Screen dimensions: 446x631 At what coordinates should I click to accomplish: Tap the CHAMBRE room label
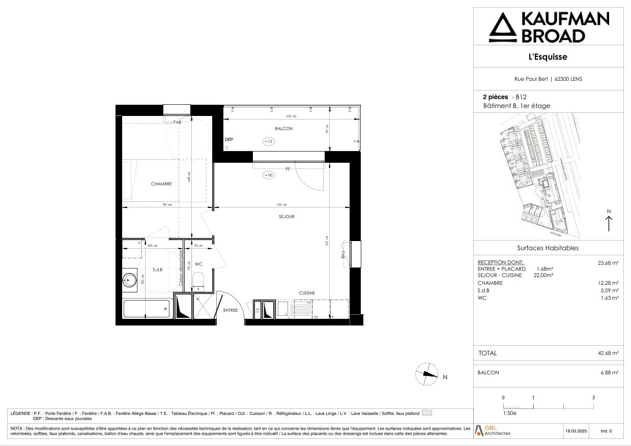pyautogui.click(x=161, y=184)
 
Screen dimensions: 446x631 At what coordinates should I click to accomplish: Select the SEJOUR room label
pyautogui.click(x=286, y=217)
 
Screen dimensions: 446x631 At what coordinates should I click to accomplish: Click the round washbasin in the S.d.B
pyautogui.click(x=130, y=279)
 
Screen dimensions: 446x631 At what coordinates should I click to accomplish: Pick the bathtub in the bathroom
pyautogui.click(x=146, y=308)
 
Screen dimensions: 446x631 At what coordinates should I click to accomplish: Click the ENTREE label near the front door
pyautogui.click(x=230, y=310)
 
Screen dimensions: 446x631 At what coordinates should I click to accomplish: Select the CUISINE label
pyautogui.click(x=306, y=293)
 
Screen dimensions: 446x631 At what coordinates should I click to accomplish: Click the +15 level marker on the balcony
pyautogui.click(x=269, y=142)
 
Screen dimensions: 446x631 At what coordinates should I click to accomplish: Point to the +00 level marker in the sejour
pyautogui.click(x=269, y=175)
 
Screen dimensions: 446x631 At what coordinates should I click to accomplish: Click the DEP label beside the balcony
pyautogui.click(x=229, y=139)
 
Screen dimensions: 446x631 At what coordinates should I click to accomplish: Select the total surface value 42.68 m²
pyautogui.click(x=608, y=353)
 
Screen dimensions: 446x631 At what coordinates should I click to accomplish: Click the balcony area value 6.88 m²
pyautogui.click(x=609, y=373)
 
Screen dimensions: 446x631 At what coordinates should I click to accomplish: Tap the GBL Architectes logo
pyautogui.click(x=493, y=430)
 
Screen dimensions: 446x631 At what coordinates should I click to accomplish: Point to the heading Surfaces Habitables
pyautogui.click(x=548, y=248)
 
